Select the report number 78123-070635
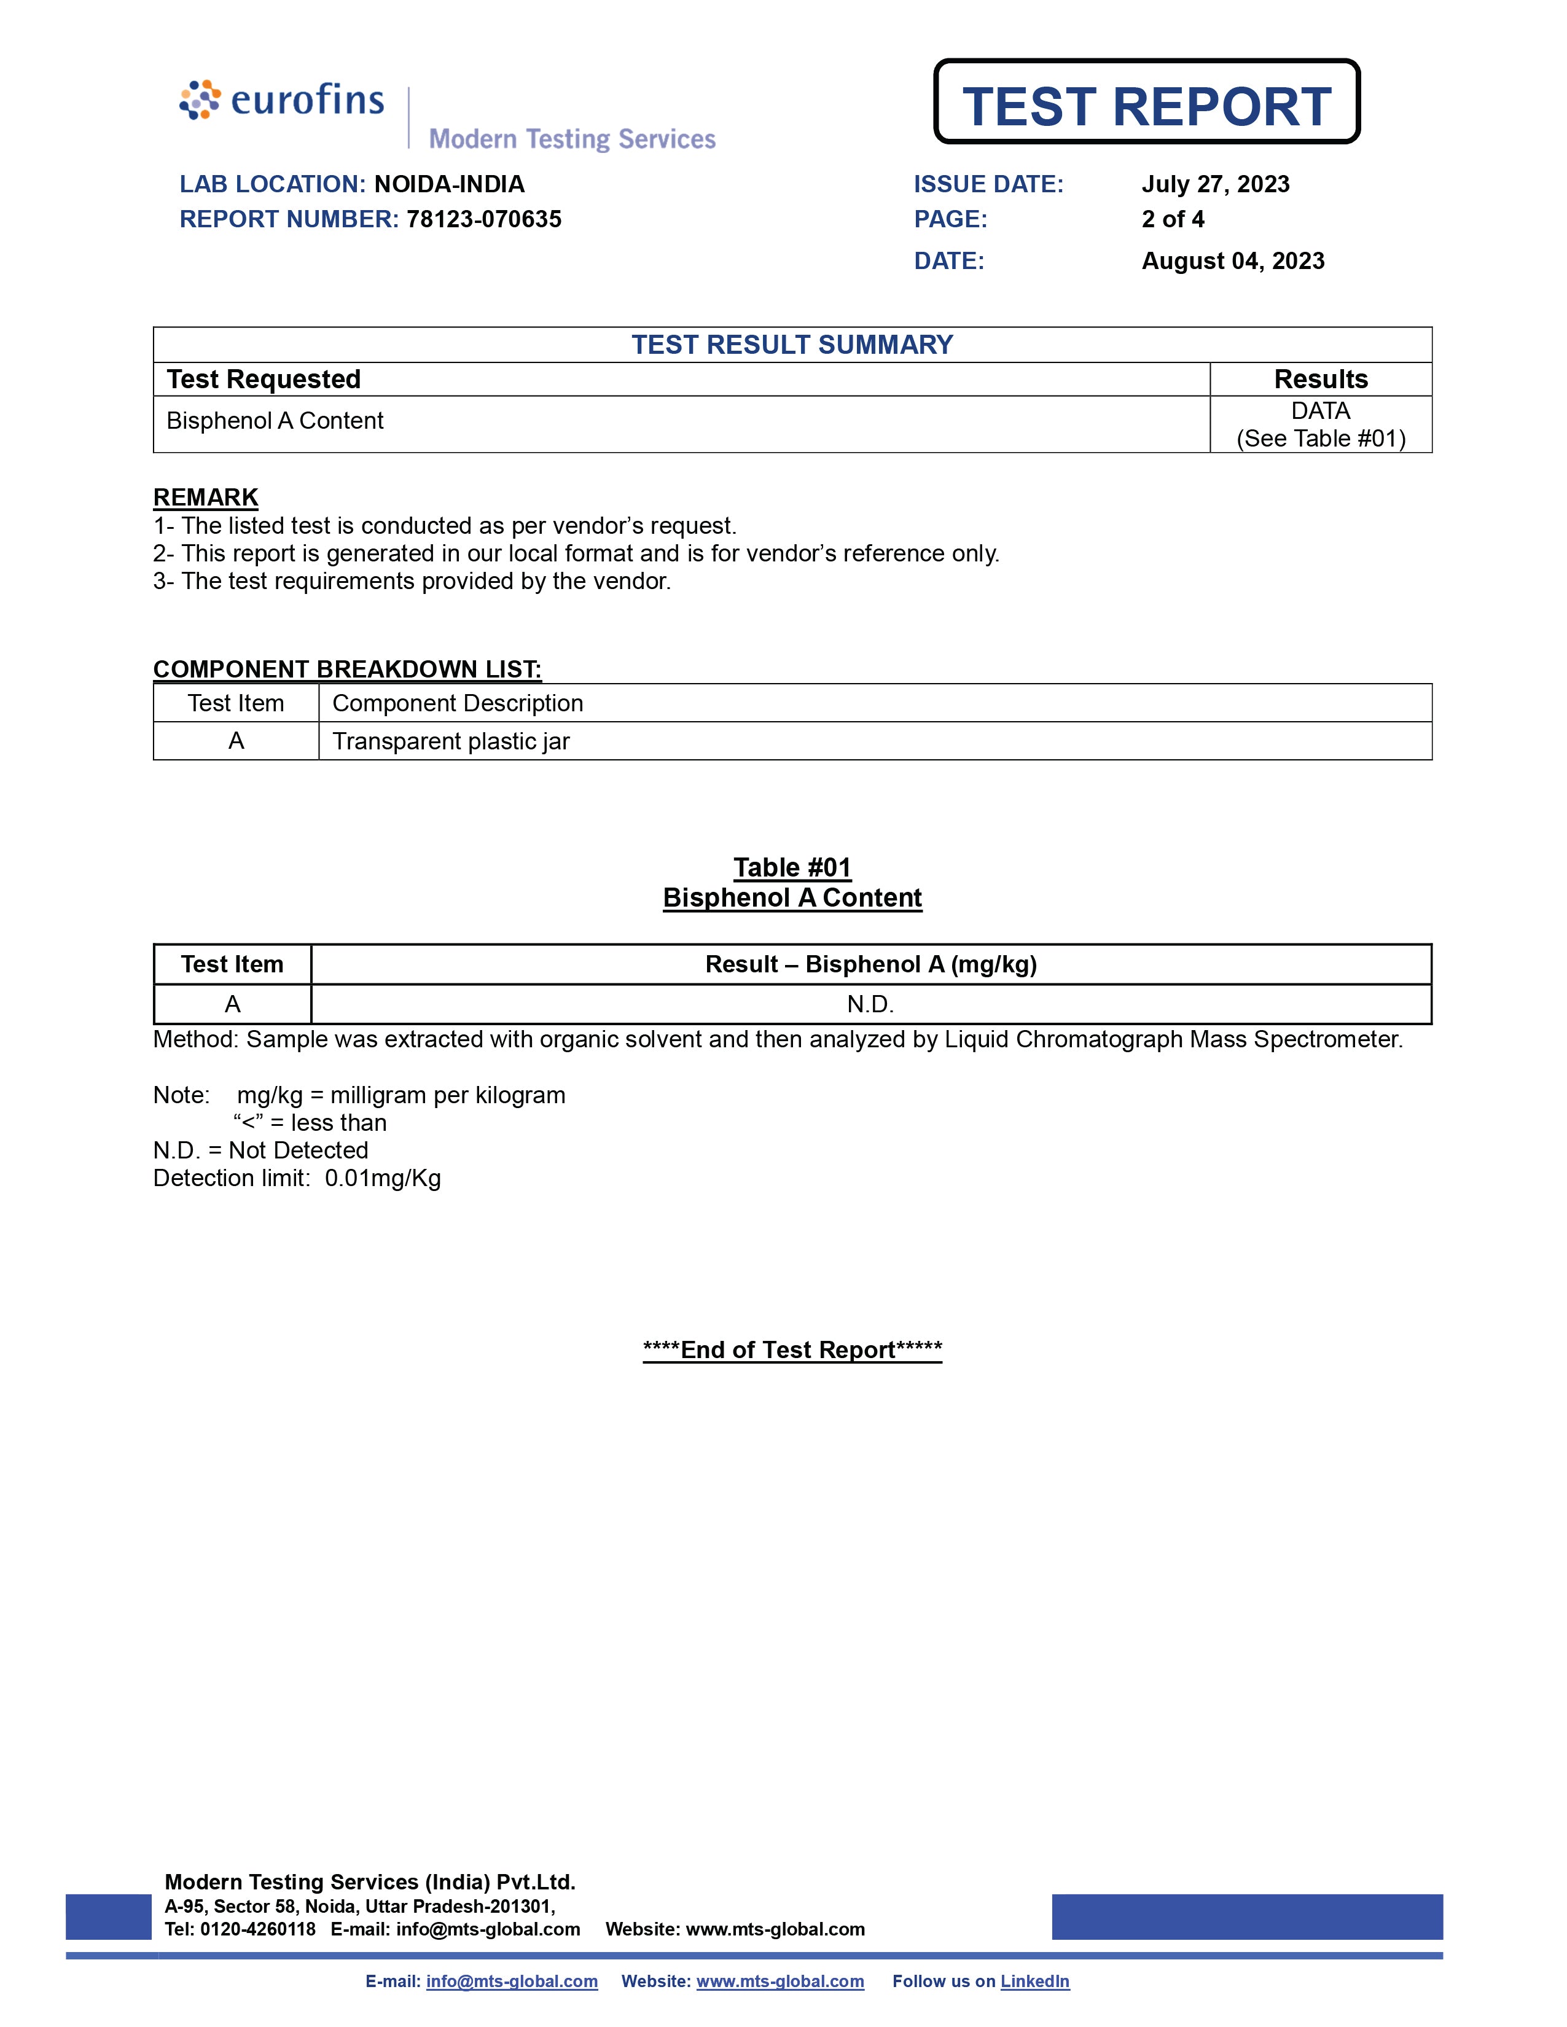483,219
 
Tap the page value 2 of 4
1173,219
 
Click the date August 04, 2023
1232,261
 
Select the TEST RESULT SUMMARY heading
792,345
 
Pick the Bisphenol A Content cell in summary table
275,421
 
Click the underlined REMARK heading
205,498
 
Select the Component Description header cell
458,703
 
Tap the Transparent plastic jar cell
451,741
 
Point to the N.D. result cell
870,1004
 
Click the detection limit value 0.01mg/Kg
383,1179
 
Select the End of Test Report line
792,1349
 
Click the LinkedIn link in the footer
1034,1982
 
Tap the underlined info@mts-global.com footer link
512,1982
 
